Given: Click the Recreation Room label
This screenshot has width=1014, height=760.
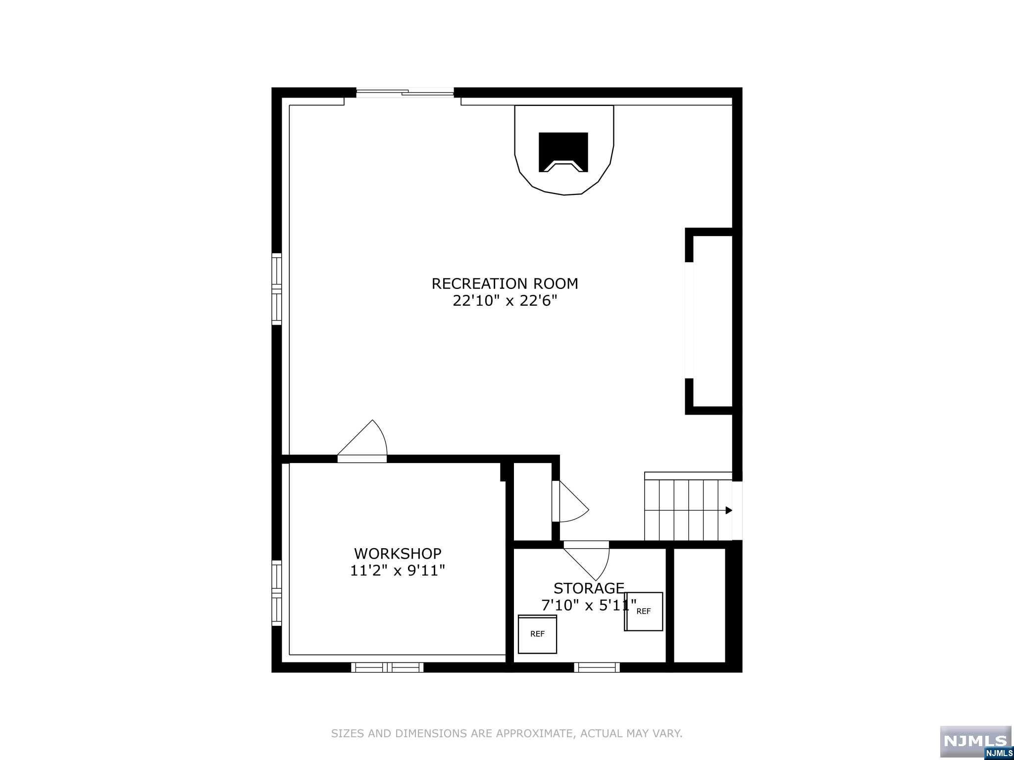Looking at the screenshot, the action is [505, 284].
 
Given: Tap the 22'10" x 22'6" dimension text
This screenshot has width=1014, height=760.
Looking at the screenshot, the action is [505, 301].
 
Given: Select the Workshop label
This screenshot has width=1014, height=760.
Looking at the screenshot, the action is [398, 553].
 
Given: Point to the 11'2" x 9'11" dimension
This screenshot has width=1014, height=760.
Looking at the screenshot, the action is [398, 570].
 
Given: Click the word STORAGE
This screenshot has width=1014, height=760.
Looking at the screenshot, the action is [589, 588].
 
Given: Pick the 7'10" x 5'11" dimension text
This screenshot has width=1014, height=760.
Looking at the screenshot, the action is [589, 606].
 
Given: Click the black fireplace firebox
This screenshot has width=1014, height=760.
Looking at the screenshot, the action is [563, 152].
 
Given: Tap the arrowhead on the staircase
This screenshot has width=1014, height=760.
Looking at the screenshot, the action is [728, 510].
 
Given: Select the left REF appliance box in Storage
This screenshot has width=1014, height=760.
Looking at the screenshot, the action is [537, 634].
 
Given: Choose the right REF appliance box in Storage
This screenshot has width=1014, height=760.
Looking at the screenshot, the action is [644, 612].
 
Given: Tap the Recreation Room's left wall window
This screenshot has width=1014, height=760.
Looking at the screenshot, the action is [277, 289].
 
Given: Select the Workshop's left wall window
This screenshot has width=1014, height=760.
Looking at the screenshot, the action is [277, 593].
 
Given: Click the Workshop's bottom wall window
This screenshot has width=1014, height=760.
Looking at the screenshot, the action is [387, 667].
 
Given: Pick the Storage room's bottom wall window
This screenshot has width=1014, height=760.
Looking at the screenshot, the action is [597, 667].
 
